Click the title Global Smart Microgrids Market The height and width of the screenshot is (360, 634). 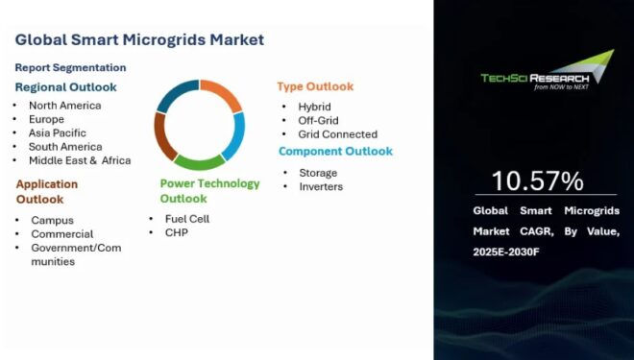(139, 40)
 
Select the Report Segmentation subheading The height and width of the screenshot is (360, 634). (70, 67)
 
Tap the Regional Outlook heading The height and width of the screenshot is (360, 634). (65, 86)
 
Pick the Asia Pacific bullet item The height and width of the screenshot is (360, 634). (58, 132)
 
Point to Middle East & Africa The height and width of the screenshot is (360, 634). (80, 160)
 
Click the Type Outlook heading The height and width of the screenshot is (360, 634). (315, 86)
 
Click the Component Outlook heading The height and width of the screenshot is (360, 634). (335, 152)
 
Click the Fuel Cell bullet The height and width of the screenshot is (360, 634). (186, 219)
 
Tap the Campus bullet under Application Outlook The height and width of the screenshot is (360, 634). (52, 220)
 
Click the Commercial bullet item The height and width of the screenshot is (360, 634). (62, 233)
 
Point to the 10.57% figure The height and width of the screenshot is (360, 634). (537, 181)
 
